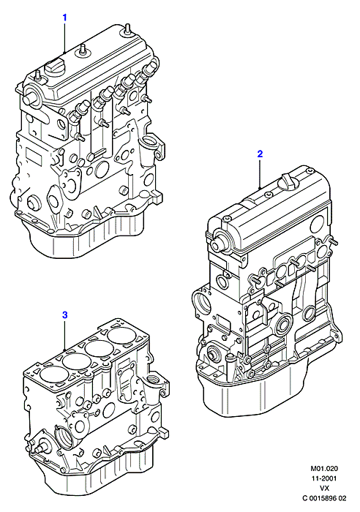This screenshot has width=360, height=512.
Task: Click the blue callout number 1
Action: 64,18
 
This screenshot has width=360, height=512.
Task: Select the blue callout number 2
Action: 260,154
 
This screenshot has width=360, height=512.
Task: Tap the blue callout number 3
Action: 64,315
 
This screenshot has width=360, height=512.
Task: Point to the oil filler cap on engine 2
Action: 288,180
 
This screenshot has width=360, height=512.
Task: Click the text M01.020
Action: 324,468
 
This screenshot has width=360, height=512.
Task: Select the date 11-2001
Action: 324,478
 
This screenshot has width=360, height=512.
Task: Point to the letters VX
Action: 324,488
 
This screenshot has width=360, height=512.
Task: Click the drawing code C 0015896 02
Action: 323,498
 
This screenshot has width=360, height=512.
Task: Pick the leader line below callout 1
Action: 64,37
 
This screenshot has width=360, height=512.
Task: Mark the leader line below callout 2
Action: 260,174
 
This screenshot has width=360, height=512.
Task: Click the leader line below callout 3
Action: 65,335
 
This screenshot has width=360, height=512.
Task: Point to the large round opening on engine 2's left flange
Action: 202,303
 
